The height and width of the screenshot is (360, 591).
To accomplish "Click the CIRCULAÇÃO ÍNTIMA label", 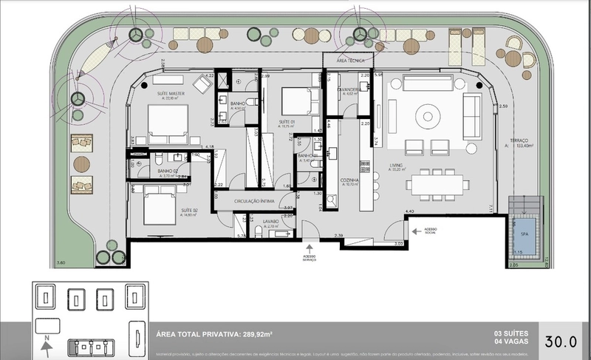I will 253,200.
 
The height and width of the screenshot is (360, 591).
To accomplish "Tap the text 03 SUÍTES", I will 509,333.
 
